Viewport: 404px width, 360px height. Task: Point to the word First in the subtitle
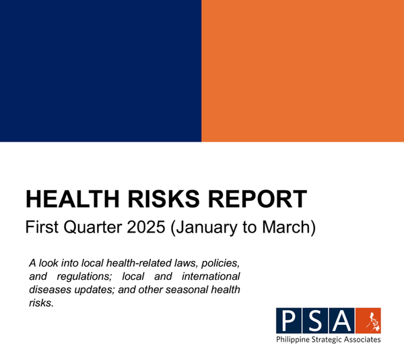click(x=40, y=227)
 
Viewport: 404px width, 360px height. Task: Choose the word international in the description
click(x=211, y=276)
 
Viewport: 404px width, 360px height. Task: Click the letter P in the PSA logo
click(x=289, y=320)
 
